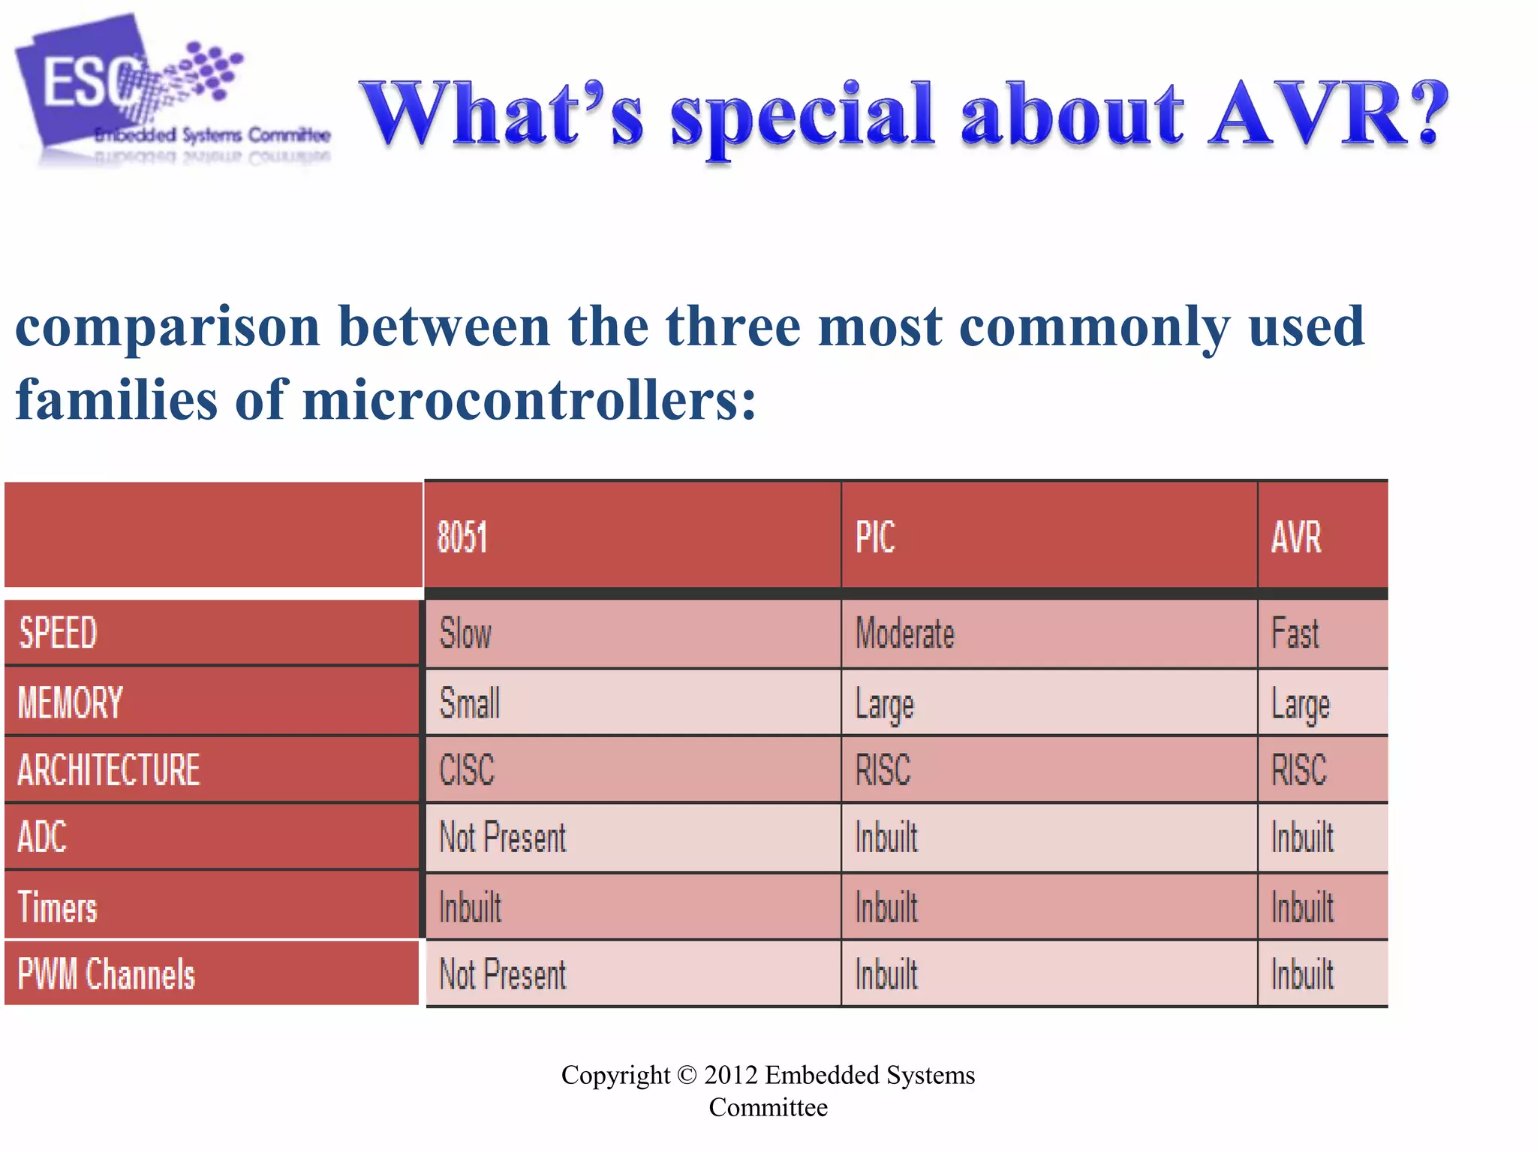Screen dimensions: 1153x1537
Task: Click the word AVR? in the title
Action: click(x=1328, y=114)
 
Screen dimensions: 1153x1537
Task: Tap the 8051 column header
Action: click(x=462, y=537)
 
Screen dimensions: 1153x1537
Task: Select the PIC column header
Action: click(x=875, y=537)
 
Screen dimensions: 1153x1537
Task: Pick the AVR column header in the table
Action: click(x=1296, y=537)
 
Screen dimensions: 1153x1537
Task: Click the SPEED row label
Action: click(x=59, y=632)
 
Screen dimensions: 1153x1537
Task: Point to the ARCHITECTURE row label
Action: click(x=109, y=769)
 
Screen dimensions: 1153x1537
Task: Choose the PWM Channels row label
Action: click(x=107, y=974)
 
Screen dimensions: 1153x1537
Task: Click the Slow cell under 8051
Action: click(x=465, y=632)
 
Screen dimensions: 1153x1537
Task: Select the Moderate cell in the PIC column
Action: click(x=905, y=632)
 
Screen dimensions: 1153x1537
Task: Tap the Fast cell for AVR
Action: click(x=1295, y=632)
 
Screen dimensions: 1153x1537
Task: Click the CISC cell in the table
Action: click(x=467, y=769)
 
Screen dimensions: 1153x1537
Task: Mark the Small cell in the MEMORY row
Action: click(x=470, y=703)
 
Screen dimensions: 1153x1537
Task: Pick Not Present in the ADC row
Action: click(x=503, y=837)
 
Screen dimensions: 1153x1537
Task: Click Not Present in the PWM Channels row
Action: click(x=503, y=974)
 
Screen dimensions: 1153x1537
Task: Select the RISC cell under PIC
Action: click(x=883, y=769)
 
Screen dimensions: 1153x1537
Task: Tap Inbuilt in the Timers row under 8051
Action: click(x=471, y=906)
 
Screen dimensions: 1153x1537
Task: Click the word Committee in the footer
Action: click(x=768, y=1107)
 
